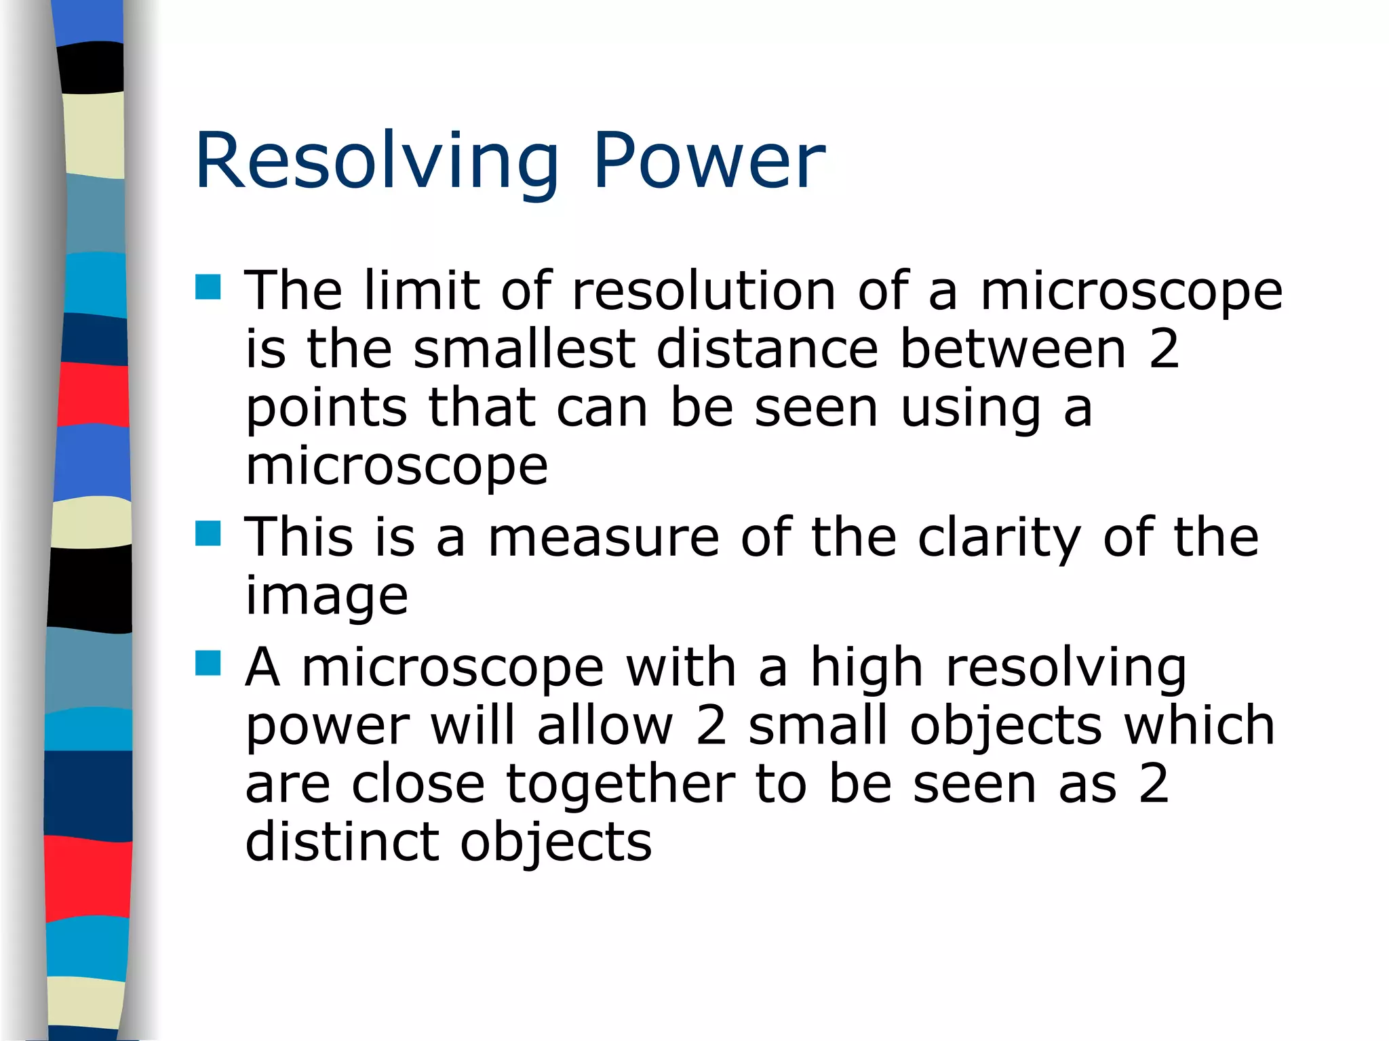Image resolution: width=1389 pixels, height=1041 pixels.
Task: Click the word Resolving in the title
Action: coord(376,161)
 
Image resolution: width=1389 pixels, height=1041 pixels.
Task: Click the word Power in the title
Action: coord(709,161)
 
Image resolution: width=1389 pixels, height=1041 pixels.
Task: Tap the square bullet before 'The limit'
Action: coord(208,287)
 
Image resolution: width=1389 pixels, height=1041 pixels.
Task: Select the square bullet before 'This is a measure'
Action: coord(208,533)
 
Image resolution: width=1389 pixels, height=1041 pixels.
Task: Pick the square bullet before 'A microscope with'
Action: coord(208,664)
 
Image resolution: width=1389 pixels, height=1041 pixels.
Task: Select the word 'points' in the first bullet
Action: coord(326,409)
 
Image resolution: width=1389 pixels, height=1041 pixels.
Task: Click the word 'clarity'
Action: coord(999,537)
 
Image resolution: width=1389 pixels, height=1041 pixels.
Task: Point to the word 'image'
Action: coord(326,596)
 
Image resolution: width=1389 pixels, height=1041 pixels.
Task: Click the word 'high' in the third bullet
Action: coord(866,667)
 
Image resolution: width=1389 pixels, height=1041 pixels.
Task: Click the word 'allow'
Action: coord(605,725)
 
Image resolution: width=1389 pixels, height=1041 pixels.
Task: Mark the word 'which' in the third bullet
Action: coord(1199,725)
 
